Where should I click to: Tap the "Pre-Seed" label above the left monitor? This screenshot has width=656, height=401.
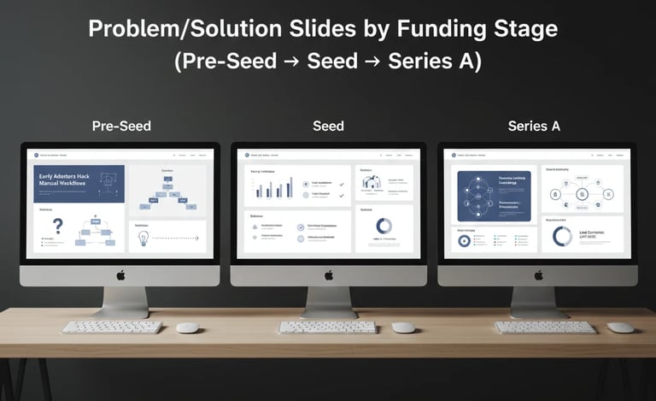coord(121,127)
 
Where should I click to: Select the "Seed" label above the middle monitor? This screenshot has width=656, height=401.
coord(328,127)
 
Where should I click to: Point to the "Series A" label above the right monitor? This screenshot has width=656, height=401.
coord(534,127)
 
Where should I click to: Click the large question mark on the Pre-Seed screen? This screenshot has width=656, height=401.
coord(58,227)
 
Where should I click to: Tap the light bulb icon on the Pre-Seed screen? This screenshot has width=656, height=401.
coord(143,237)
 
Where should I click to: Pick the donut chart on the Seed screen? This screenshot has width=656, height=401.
coord(384,226)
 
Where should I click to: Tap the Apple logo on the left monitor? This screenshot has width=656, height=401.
coord(120,274)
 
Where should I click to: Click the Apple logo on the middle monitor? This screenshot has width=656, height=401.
coord(329,274)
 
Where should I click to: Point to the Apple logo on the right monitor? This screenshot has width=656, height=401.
coord(538,274)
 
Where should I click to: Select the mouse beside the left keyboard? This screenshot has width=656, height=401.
coord(187,327)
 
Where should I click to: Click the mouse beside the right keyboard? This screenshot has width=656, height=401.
coord(621,327)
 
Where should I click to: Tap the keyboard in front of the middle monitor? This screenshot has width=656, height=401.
coord(327,327)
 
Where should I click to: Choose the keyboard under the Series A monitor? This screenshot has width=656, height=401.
coord(545,327)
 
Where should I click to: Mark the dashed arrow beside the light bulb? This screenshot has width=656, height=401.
coord(178,238)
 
